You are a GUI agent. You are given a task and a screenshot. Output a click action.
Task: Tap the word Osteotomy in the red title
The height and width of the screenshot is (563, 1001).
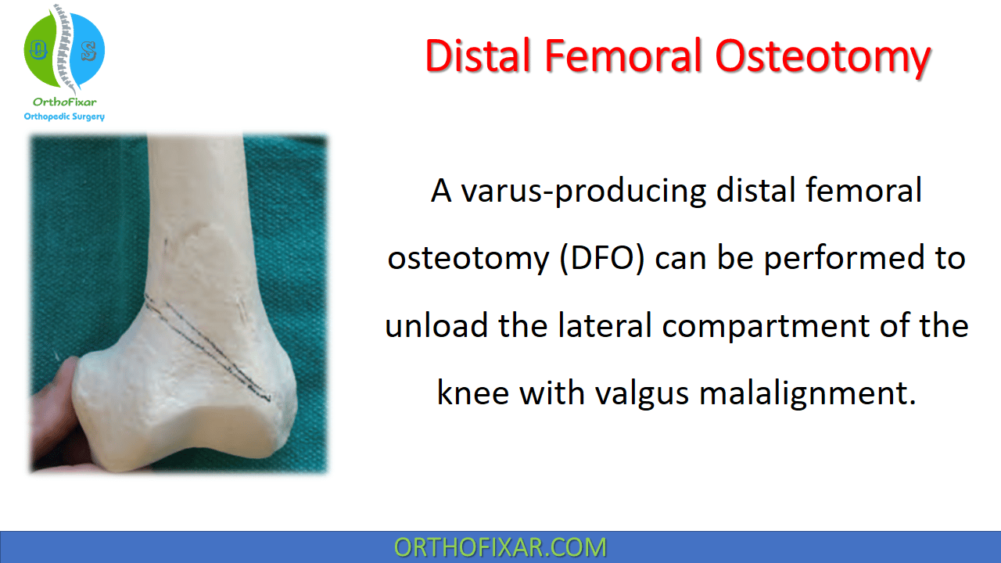823,58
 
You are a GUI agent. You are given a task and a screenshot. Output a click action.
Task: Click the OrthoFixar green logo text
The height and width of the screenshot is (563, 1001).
64,102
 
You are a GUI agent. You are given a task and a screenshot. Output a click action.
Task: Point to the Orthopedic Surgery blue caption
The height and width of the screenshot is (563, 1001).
64,117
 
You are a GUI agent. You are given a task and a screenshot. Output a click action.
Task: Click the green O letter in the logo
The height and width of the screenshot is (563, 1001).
38,49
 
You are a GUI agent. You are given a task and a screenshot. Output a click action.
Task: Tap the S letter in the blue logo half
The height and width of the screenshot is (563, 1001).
89,52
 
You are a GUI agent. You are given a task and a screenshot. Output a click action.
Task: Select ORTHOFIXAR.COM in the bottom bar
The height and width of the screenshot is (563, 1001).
500,547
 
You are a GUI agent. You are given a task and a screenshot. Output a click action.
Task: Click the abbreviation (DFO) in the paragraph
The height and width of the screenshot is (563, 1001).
602,258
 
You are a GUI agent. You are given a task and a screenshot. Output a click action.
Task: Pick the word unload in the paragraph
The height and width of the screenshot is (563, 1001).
436,325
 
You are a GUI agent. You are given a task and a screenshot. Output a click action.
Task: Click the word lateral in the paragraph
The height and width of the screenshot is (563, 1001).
605,325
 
